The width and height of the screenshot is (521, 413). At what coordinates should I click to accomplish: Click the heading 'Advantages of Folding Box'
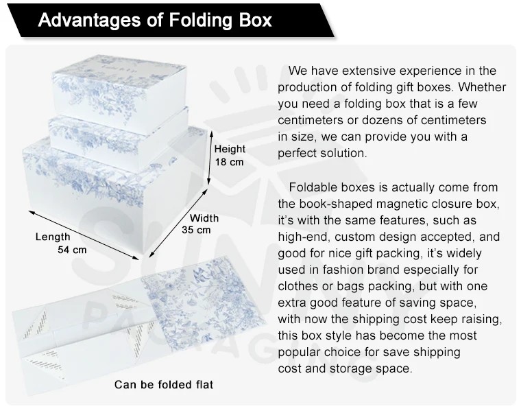click(155, 20)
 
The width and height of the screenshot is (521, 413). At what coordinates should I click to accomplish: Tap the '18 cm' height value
click(229, 162)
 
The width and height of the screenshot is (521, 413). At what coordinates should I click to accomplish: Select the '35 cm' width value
click(196, 230)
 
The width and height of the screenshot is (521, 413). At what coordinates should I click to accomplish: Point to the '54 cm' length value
click(72, 250)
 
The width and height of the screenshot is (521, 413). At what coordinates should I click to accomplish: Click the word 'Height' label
click(230, 149)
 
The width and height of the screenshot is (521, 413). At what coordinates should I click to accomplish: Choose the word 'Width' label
click(204, 218)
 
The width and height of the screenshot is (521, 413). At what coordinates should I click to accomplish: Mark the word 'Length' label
click(53, 237)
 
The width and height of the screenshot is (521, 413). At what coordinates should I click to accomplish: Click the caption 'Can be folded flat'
click(164, 384)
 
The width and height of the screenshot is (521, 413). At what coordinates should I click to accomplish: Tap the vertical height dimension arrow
click(210, 157)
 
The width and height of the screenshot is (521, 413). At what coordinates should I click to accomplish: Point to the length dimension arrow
click(84, 235)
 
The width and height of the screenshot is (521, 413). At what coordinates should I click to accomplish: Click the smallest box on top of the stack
click(119, 94)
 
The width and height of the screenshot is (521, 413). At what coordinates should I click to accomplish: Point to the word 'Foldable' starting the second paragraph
click(311, 187)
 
